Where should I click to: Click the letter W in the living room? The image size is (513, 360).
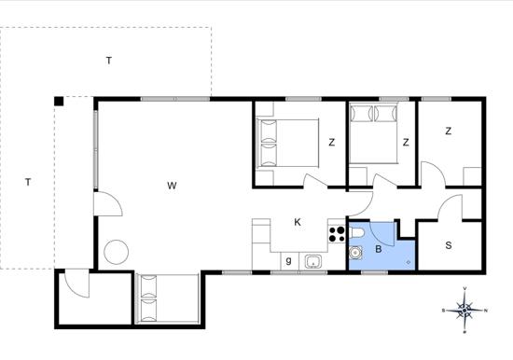pos(172,186)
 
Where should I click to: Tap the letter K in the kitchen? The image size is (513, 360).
pos(298,222)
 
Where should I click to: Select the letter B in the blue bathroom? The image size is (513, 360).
pos(379,249)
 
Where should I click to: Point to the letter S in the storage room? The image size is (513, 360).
pos(449,245)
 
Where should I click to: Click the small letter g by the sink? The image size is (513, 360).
pos(288,260)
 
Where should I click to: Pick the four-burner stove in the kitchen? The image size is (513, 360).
pos(337,234)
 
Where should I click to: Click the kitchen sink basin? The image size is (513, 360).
pos(313,262)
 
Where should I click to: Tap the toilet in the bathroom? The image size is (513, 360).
pos(356,233)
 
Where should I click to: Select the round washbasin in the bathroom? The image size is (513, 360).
pos(355,253)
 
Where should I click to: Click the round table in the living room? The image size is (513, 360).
pos(117,252)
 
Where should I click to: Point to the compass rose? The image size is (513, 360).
pos(464,310)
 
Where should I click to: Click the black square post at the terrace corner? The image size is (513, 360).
pos(59,101)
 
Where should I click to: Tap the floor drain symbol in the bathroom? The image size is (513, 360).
pos(409,262)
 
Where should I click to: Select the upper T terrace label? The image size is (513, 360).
pos(109,61)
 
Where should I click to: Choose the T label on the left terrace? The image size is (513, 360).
pos(28,182)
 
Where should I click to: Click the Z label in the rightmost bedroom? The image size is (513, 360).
pos(449,131)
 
